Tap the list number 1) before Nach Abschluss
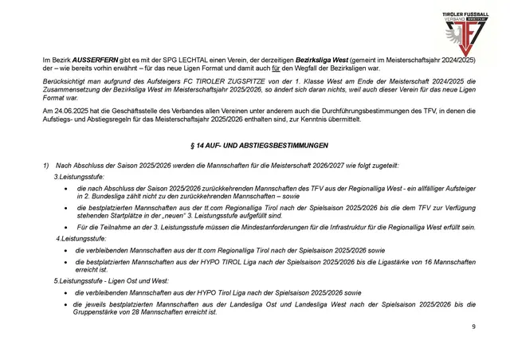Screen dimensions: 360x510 pyautogui.click(x=46, y=165)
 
